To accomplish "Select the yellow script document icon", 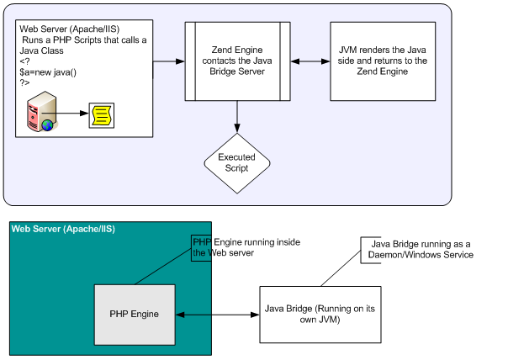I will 102,112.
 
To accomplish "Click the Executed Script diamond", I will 237,162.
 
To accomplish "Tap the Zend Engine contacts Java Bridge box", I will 237,61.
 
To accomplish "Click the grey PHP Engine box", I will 135,315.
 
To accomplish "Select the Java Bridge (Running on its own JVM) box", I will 310,315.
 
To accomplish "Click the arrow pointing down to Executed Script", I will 237,116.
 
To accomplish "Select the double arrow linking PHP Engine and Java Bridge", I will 216,315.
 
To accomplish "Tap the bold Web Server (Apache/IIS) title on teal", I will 63,229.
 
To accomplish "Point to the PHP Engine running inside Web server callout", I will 247,247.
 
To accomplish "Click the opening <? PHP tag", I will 24,61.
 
